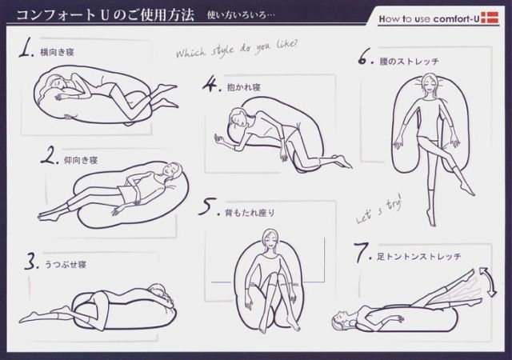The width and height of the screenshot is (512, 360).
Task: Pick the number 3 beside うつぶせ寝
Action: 30,261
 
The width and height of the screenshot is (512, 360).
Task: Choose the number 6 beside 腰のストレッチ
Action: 366,58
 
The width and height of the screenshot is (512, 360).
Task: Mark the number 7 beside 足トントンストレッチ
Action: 361,256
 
